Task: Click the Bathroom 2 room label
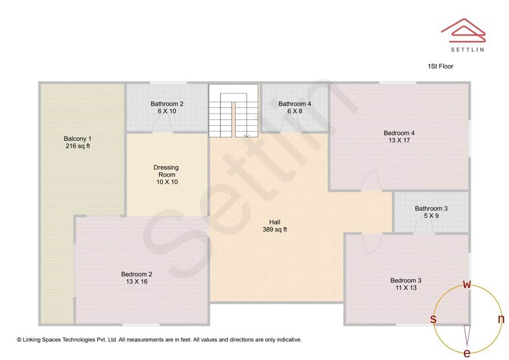click(x=167, y=107)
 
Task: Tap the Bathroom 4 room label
click(x=295, y=107)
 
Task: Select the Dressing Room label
click(x=166, y=174)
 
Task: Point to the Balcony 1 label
click(x=78, y=142)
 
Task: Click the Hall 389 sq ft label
click(x=275, y=226)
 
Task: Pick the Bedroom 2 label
click(x=137, y=278)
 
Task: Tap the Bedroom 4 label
click(x=399, y=137)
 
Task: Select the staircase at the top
click(x=233, y=111)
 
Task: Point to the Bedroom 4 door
click(x=370, y=181)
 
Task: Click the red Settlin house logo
click(x=463, y=30)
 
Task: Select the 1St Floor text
click(x=440, y=66)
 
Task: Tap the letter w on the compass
click(x=467, y=284)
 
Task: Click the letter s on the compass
click(x=433, y=319)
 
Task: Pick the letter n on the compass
click(x=501, y=319)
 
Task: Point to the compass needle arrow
click(x=467, y=335)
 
